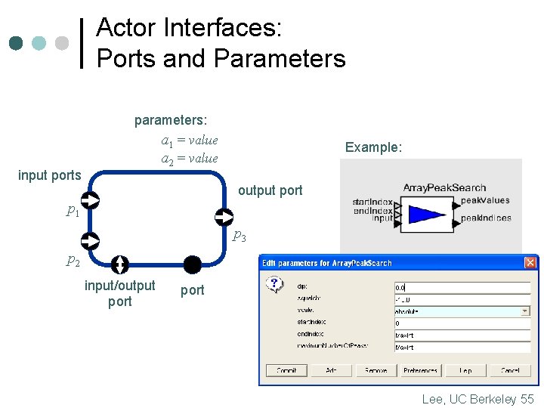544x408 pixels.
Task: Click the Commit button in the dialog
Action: point(286,371)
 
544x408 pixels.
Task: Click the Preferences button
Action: point(420,371)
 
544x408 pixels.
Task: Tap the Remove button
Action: point(376,371)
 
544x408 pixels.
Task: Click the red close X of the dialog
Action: point(530,262)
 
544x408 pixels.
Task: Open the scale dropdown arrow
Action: point(525,311)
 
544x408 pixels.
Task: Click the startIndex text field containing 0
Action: point(461,323)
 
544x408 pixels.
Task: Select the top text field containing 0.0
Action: point(461,287)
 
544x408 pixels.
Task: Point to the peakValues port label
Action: point(485,200)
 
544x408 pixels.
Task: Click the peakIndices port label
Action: point(486,218)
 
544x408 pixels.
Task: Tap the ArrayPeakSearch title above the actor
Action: point(444,187)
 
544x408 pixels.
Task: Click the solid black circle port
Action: point(193,264)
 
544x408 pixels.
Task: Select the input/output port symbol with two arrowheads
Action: point(119,264)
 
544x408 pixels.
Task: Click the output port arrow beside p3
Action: point(224,218)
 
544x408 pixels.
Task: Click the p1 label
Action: point(73,211)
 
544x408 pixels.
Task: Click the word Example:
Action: point(373,147)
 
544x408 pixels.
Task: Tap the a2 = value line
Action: point(189,158)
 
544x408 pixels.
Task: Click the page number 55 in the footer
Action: point(527,399)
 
